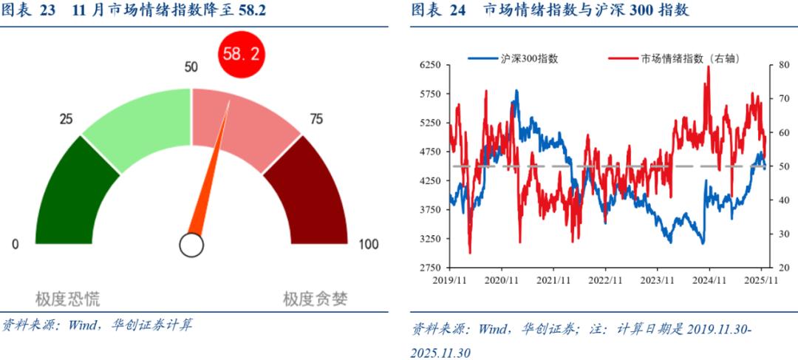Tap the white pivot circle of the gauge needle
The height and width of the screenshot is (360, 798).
point(191,245)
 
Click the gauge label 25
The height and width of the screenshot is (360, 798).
point(66,120)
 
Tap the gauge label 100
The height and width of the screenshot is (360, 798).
point(367,245)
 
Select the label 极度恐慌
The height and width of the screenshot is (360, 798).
point(68,299)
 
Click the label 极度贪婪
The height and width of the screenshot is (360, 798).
point(316,299)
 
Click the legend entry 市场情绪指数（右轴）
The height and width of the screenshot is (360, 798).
point(689,58)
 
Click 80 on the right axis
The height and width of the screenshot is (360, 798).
point(783,65)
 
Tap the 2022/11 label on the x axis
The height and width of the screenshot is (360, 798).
point(604,281)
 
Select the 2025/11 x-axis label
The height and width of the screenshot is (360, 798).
point(761,281)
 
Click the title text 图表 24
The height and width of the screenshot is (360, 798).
point(438,11)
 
